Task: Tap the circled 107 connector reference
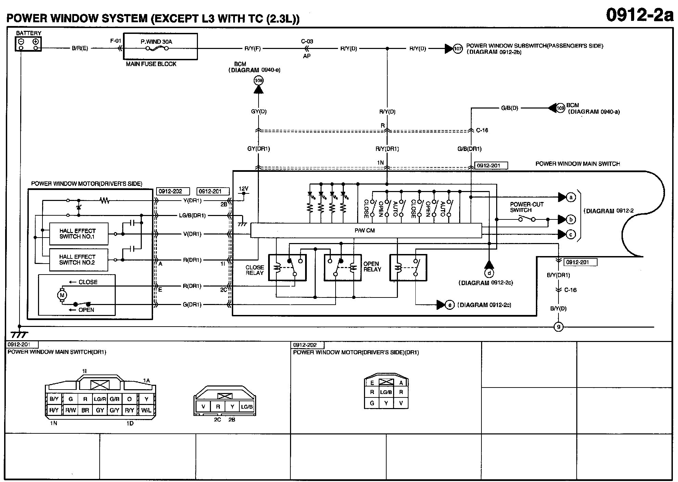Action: click(x=458, y=49)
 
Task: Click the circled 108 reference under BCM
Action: click(x=259, y=81)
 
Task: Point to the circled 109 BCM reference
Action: click(x=560, y=108)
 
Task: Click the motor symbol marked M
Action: click(x=62, y=295)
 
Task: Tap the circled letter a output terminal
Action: click(x=570, y=197)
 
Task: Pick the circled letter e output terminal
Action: click(x=450, y=305)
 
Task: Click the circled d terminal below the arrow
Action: click(x=489, y=273)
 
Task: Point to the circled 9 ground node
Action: click(x=558, y=327)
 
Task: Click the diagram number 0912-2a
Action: click(x=639, y=15)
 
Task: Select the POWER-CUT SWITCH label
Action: click(x=526, y=207)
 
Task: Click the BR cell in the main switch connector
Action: click(x=85, y=410)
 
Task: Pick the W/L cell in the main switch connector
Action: click(x=146, y=410)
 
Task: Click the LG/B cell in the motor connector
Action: click(x=386, y=392)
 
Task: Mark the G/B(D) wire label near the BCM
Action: click(x=510, y=108)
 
